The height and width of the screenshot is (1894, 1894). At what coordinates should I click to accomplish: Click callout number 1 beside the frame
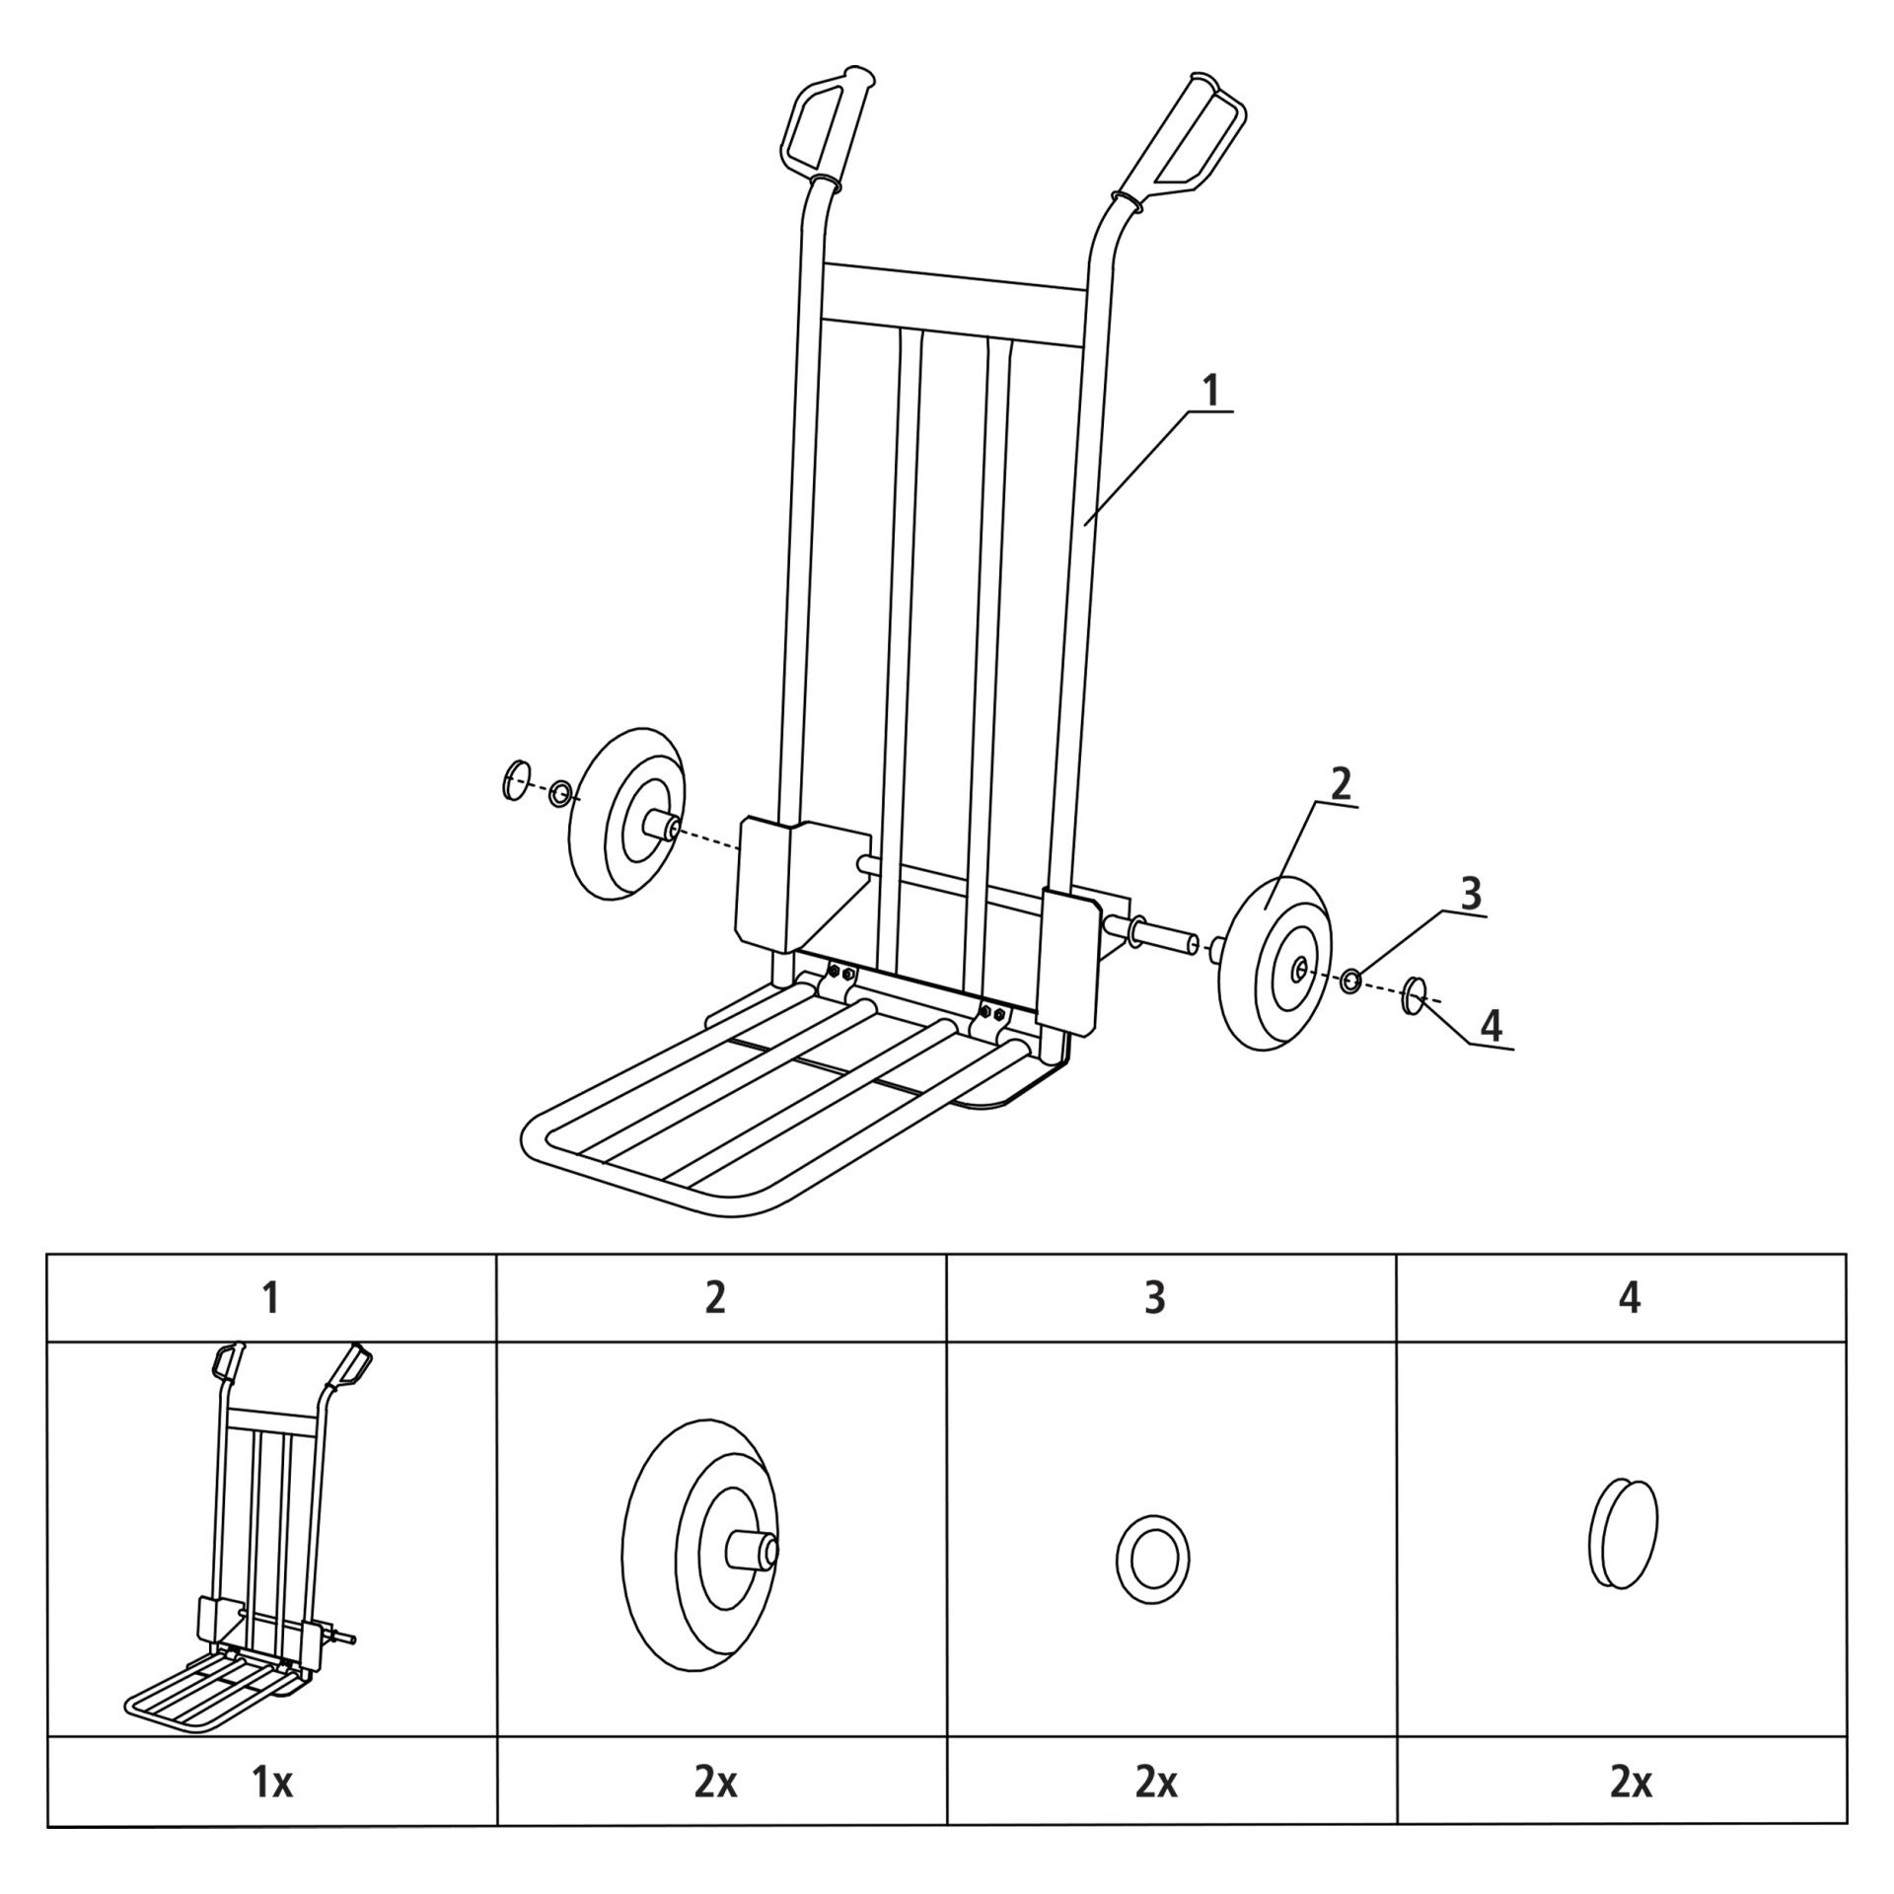click(x=1209, y=392)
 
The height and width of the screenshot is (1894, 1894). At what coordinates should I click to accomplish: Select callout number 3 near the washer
click(x=1470, y=894)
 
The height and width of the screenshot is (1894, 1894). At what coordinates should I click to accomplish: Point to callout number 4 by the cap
click(x=1492, y=1026)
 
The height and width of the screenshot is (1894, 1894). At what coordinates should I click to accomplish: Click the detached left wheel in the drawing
click(x=627, y=814)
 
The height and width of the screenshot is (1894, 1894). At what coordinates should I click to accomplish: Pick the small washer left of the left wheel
click(x=561, y=792)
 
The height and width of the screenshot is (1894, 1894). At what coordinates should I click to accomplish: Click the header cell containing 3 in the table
click(x=1172, y=1297)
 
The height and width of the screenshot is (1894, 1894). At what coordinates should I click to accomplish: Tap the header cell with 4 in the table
click(x=1622, y=1297)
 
